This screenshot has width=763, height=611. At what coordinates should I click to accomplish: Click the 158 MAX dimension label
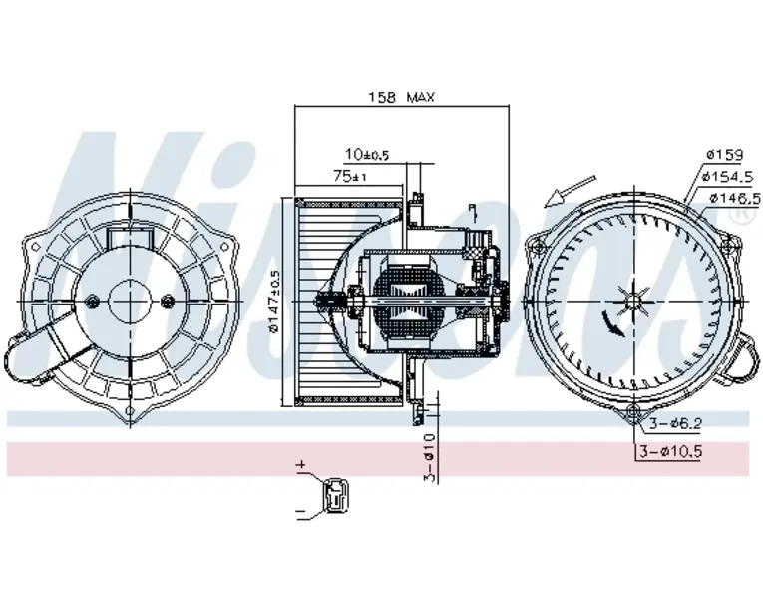pos(403,97)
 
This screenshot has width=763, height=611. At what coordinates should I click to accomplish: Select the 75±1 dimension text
pos(350,176)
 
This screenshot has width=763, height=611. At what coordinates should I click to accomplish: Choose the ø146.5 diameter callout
pos(733,197)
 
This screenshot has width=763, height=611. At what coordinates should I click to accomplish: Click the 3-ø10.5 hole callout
pos(671,451)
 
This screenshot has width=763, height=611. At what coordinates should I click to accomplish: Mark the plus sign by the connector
pos(300,465)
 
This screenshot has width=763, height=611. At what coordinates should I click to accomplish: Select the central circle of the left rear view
pos(131,301)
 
